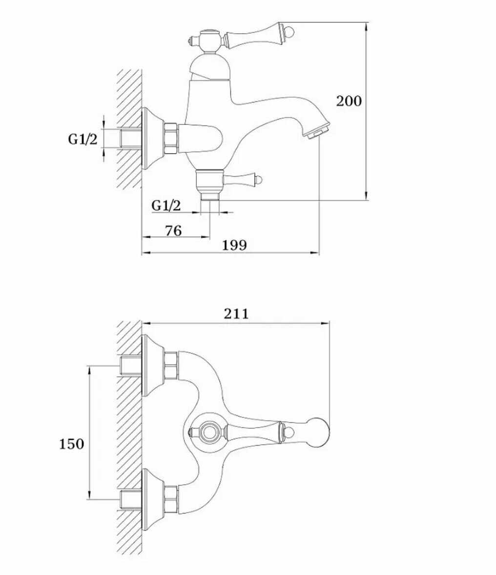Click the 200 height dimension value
349,101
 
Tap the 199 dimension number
234,245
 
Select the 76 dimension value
173,231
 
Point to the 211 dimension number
236,314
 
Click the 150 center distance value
72,444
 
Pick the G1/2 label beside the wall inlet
83,139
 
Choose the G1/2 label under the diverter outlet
166,205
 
